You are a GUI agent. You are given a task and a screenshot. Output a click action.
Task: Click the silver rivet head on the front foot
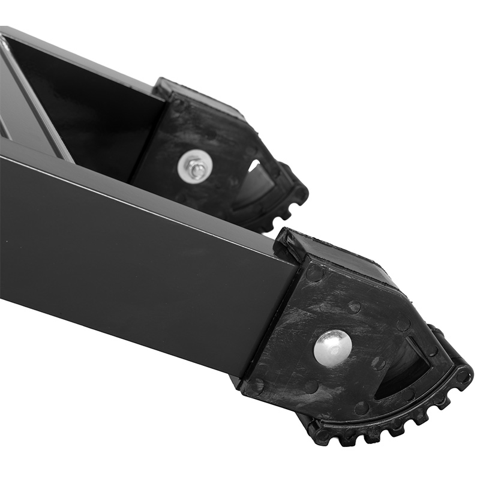click(x=332, y=347)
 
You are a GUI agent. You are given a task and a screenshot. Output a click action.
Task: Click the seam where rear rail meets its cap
click(x=147, y=138)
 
